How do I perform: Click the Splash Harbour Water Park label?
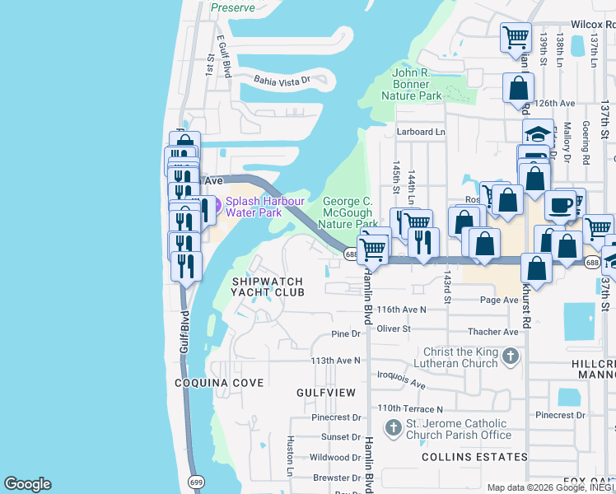click(x=264, y=207)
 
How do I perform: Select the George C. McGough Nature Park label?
click(x=348, y=212)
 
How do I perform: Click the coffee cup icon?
click(x=560, y=205)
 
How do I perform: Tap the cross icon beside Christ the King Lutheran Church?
click(x=511, y=357)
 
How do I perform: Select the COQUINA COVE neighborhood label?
click(x=219, y=383)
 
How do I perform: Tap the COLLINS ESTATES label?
click(x=474, y=457)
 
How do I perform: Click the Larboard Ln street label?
click(x=420, y=132)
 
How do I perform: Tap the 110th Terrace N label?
click(x=410, y=408)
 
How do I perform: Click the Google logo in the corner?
click(x=27, y=484)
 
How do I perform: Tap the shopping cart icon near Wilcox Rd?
click(x=516, y=36)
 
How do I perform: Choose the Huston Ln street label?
click(x=290, y=457)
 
